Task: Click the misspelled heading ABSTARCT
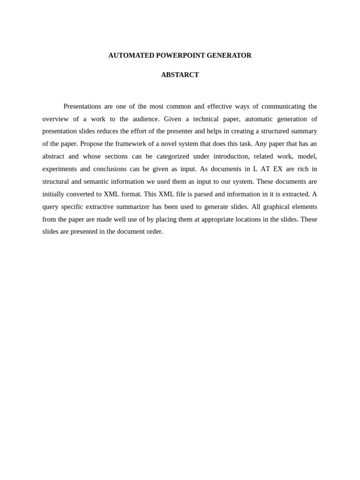click(x=180, y=75)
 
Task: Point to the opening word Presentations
click(x=82, y=106)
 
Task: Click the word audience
click(x=146, y=119)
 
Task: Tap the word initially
click(x=54, y=194)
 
